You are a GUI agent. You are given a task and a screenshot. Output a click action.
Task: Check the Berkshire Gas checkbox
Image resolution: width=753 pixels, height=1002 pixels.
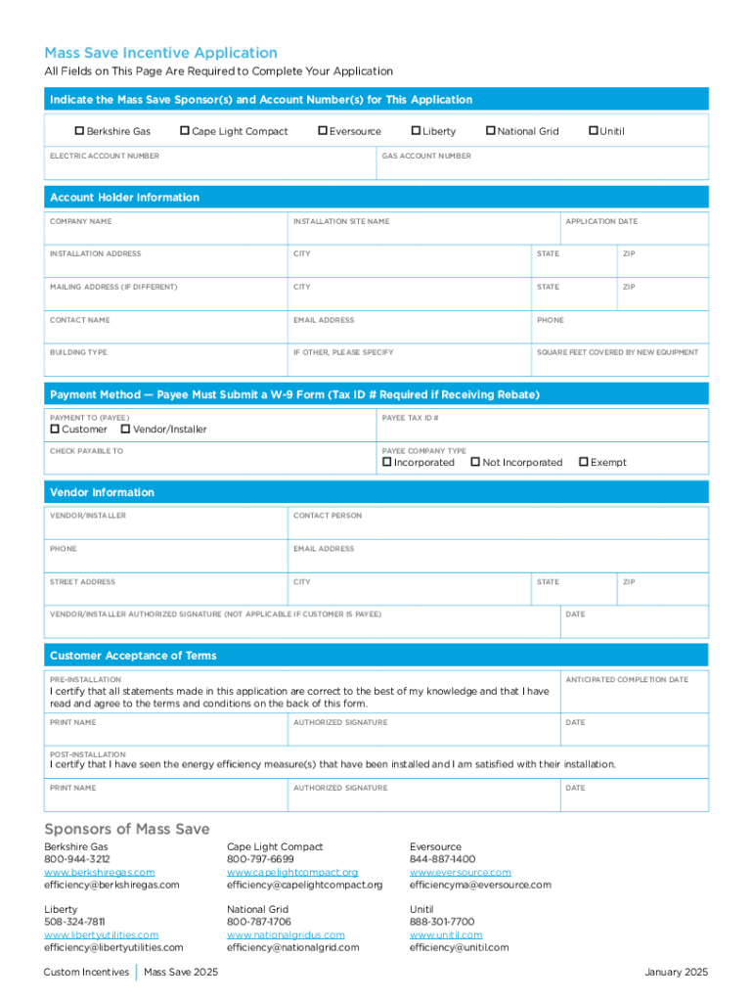(80, 131)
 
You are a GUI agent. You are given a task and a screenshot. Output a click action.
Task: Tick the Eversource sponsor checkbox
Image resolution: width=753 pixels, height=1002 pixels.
(323, 131)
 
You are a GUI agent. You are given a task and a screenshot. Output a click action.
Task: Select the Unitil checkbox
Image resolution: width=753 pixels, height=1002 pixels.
(593, 131)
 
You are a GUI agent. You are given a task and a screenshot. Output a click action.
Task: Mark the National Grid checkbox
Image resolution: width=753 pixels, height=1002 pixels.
(490, 131)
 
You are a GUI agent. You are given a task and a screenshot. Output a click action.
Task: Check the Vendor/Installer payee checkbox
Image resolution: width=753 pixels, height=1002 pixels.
(125, 430)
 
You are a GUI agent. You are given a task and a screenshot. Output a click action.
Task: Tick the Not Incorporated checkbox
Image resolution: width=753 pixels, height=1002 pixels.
(475, 462)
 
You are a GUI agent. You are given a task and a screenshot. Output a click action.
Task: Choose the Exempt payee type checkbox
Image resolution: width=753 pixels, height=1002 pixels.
(583, 462)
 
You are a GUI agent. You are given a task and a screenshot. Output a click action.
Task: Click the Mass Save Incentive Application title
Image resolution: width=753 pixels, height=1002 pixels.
(160, 53)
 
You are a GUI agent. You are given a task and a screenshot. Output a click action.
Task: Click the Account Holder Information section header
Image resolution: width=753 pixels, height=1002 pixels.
(124, 198)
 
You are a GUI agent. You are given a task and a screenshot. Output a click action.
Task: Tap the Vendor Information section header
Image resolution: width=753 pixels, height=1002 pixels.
(102, 492)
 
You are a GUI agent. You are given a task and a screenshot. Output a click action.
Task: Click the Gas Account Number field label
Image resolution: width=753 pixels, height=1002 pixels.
(425, 156)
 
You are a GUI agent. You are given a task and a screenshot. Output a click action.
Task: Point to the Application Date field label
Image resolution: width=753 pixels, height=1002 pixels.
(600, 221)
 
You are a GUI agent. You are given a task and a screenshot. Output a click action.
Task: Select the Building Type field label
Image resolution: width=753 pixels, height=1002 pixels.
(78, 352)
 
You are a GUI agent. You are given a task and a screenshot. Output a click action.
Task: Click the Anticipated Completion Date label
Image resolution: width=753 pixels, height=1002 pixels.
(626, 679)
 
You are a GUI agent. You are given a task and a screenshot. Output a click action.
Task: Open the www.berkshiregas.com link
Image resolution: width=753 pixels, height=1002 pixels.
(99, 872)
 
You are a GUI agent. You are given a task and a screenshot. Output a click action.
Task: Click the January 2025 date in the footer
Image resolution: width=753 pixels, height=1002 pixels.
(676, 972)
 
